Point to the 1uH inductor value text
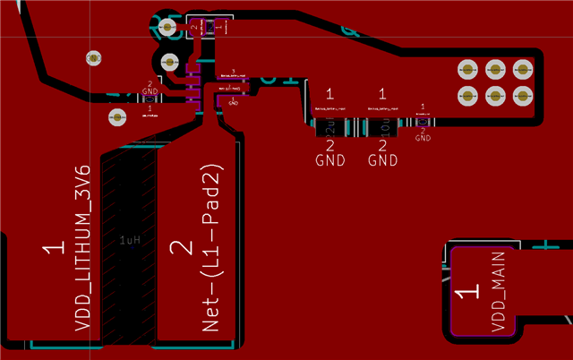131,241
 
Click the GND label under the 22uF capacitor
329,161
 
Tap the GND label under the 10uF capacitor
382,161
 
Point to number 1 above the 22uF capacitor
329,93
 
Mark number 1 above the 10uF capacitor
382,93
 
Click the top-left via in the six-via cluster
466,68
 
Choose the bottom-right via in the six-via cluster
521,95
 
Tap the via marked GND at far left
118,116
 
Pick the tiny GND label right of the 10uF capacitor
423,139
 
